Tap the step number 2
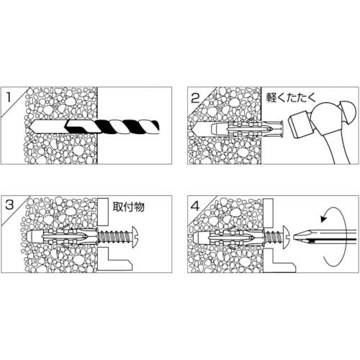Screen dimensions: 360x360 [195, 96]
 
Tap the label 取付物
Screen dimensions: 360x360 [129, 206]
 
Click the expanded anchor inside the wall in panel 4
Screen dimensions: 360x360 [230, 235]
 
